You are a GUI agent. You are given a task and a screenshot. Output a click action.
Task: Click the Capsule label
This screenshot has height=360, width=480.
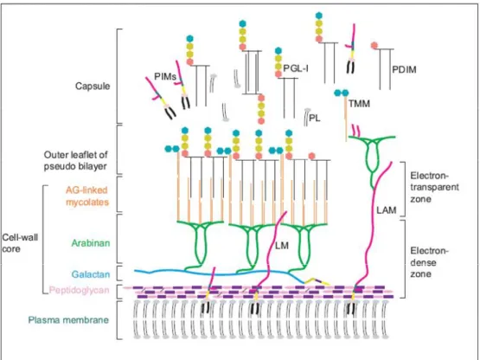pyautogui.click(x=93, y=86)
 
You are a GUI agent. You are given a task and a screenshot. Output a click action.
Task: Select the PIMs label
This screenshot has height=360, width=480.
pyautogui.click(x=165, y=76)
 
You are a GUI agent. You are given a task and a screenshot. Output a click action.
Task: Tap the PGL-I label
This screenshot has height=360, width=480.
pyautogui.click(x=296, y=68)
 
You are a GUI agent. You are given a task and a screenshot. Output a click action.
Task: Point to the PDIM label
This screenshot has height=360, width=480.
pyautogui.click(x=404, y=70)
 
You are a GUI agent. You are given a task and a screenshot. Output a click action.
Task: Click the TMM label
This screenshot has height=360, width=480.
pyautogui.click(x=359, y=104)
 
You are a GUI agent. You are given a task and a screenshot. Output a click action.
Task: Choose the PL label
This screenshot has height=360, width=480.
pyautogui.click(x=315, y=118)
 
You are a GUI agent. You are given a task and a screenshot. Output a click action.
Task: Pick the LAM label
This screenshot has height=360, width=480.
pyautogui.click(x=387, y=210)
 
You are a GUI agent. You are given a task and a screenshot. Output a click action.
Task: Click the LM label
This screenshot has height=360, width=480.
pyautogui.click(x=282, y=246)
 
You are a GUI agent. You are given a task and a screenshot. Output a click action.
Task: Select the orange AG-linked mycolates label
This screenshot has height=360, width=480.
pyautogui.click(x=87, y=196)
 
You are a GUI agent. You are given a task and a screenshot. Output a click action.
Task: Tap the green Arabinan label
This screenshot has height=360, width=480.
pyautogui.click(x=91, y=243)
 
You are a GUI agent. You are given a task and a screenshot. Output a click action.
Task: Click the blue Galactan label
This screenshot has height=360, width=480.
pyautogui.click(x=91, y=274)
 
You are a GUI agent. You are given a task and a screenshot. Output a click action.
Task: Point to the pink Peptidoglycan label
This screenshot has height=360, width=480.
pyautogui.click(x=79, y=290)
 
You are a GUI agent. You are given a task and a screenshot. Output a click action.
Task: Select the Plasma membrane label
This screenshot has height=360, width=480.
pyautogui.click(x=68, y=320)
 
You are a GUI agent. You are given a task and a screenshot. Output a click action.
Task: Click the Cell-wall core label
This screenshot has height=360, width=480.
pyautogui.click(x=20, y=243)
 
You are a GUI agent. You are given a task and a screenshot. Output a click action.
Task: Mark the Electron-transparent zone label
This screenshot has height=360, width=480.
pyautogui.click(x=434, y=187)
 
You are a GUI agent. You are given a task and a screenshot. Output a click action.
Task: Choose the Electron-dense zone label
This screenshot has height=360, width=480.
pyautogui.click(x=429, y=262)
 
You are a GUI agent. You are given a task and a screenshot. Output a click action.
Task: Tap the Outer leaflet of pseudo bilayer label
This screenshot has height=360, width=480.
pyautogui.click(x=75, y=161)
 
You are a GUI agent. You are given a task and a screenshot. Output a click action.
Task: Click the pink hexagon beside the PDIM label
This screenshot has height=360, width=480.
pyautogui.click(x=374, y=45)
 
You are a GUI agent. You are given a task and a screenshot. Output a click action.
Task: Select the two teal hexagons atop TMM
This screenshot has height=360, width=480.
pyautogui.click(x=342, y=93)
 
